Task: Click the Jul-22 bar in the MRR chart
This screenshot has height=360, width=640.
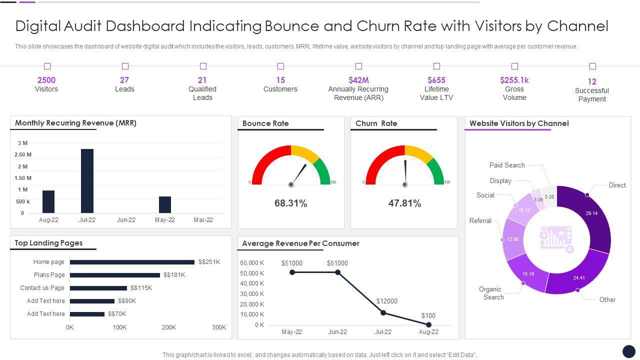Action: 87,181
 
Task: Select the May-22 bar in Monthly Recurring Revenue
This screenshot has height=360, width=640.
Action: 165,204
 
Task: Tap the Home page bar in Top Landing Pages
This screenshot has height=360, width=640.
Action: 132,262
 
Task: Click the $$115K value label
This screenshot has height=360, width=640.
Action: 141,288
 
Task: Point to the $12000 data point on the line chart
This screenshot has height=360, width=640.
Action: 383,312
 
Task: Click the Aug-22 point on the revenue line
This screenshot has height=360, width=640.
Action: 428,324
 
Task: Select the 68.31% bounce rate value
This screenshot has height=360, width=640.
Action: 290,203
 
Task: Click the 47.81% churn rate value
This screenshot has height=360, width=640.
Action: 404,203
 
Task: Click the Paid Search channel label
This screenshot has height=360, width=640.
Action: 507,165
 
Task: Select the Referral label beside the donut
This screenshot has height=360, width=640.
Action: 480,220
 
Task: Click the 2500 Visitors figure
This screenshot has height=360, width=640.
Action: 46,80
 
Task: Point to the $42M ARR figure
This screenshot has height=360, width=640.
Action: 358,80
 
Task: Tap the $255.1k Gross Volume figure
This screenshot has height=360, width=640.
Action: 514,80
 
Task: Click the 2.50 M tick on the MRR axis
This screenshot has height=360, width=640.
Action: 23,154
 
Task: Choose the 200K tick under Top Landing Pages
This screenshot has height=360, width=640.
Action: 169,327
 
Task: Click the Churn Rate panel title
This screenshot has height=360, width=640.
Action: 376,123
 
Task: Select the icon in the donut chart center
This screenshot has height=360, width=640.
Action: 556,239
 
